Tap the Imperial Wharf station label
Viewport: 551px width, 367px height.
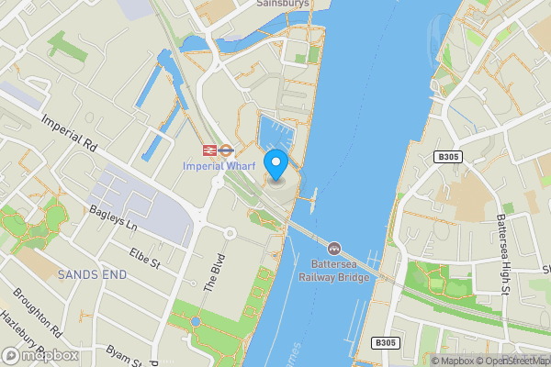218,166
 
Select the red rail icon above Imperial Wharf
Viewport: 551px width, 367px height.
210,149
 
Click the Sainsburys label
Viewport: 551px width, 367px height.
282,4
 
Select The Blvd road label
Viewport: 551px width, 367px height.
212,272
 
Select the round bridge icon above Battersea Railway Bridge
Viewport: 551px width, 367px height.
333,249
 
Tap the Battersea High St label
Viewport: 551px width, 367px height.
502,255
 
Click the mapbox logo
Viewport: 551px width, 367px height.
40,355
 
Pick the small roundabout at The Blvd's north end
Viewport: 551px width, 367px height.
231,233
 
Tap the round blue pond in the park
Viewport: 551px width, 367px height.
196,321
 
